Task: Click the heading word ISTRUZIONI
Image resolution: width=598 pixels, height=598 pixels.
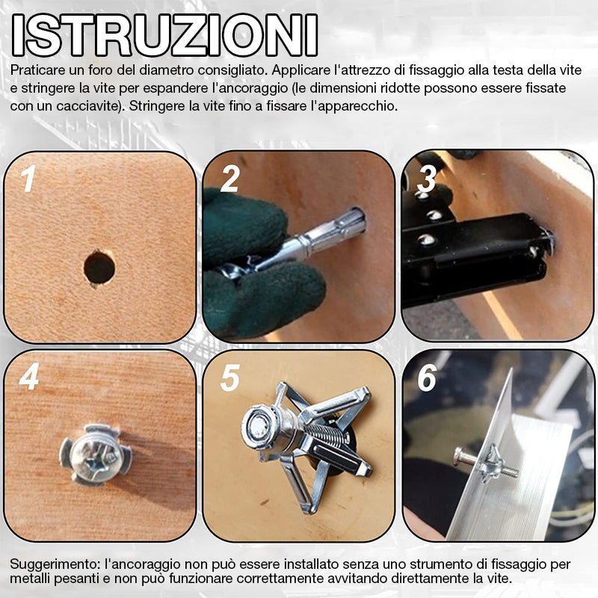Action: coord(164,35)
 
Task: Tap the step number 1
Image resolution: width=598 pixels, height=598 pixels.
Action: coord(28,179)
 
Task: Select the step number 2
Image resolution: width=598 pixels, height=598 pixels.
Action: coord(230,179)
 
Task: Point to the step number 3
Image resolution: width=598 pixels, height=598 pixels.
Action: coord(426,179)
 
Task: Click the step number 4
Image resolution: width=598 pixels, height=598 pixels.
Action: coord(29,377)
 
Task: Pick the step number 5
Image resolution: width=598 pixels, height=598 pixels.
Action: coord(230,377)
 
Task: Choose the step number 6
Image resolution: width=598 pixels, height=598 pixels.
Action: coord(427,377)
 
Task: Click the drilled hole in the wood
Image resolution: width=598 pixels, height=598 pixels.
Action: coord(99,268)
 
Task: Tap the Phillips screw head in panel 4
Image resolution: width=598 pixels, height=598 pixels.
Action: coord(95,455)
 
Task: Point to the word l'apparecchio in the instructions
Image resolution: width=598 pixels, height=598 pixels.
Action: coord(354,106)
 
